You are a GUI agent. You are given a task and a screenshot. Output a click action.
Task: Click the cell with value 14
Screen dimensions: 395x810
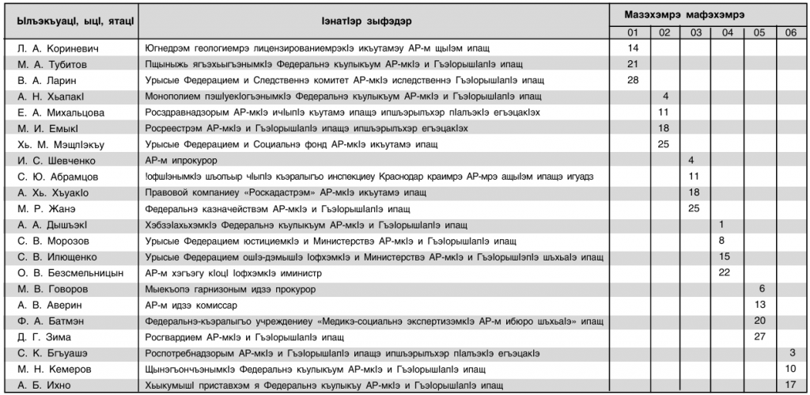pyautogui.click(x=632, y=48)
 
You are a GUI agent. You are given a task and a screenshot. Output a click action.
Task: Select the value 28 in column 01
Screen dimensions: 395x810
pyautogui.click(x=632, y=80)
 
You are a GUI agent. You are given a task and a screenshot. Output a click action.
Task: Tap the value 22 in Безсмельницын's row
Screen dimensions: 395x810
pyautogui.click(x=724, y=273)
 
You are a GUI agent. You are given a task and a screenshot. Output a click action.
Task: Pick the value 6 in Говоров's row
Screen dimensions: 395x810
pyautogui.click(x=761, y=289)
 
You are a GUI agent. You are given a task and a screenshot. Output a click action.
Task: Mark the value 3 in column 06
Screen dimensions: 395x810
pyautogui.click(x=792, y=353)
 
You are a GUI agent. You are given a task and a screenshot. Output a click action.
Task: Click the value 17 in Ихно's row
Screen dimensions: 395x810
pyautogui.click(x=790, y=386)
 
